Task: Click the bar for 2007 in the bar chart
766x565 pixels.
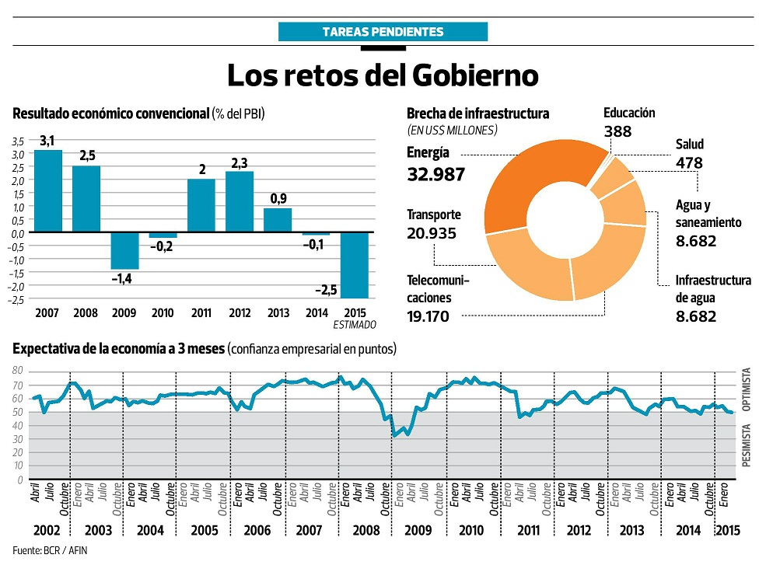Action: point(48,190)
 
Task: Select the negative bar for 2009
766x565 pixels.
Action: point(124,250)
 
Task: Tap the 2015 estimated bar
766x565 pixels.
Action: point(354,265)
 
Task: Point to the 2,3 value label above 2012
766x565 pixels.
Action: point(239,163)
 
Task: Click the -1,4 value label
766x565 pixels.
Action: point(124,277)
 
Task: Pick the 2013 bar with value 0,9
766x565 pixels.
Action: point(278,220)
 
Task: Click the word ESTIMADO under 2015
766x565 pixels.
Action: point(355,325)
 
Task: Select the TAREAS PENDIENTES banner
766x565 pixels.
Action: point(383,32)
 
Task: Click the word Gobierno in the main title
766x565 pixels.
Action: point(474,75)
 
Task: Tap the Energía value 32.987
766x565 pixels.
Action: point(435,174)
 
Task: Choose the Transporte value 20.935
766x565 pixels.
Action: point(432,233)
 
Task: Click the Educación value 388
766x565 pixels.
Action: point(617,131)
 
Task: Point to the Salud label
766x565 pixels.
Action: point(689,145)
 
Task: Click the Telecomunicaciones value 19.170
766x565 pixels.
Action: point(432,316)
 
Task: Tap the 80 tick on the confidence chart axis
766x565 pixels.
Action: point(19,371)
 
